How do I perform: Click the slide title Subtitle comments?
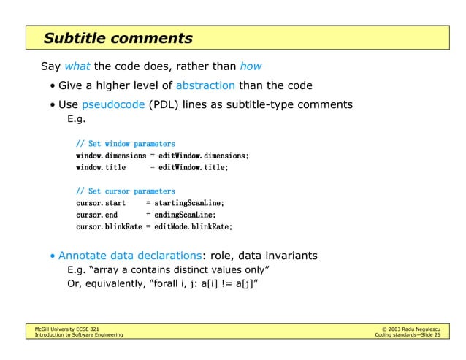118,39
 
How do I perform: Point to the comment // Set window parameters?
125,144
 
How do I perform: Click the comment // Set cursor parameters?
125,191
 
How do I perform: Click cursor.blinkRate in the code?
109,227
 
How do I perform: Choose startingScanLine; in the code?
188,203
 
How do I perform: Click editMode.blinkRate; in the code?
191,227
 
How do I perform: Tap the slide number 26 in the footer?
436,335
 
